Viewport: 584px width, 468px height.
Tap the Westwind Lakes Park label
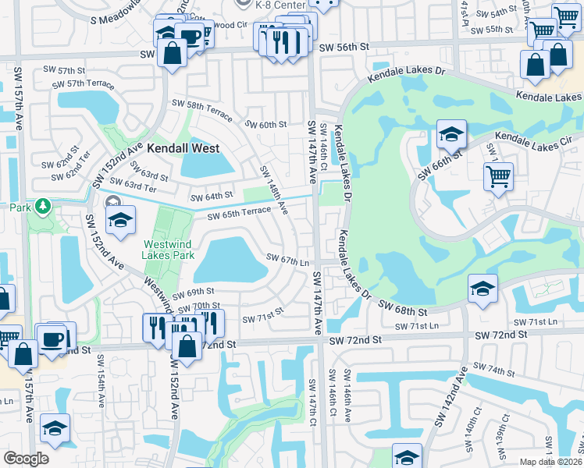168,248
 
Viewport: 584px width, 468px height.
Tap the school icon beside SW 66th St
451,134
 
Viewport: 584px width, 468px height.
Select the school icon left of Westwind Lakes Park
120,220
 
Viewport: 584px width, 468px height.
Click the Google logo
26,459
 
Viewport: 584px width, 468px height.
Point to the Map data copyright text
551,462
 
